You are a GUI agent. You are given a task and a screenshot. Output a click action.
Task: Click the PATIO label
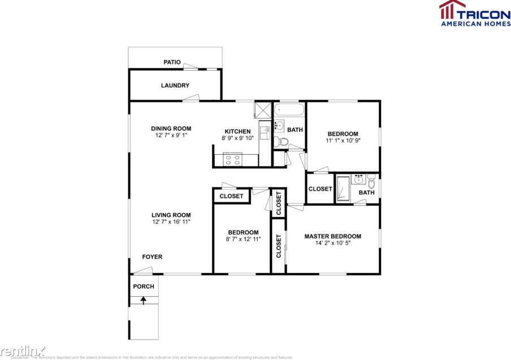172,62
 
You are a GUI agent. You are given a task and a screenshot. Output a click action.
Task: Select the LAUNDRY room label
175,86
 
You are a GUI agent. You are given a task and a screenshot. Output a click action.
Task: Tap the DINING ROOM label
171,128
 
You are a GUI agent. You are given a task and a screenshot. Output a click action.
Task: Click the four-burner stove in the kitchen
233,159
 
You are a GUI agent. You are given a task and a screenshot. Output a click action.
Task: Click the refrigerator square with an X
262,110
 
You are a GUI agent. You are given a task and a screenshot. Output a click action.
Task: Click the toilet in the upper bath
280,142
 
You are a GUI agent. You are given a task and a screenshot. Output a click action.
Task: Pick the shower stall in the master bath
343,189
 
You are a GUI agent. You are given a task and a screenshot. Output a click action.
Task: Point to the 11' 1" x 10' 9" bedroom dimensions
343,140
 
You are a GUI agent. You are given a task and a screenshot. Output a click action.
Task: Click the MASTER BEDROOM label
332,236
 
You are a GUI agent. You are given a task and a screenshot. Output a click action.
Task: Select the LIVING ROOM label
171,215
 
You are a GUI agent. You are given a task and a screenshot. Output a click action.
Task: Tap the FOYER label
152,257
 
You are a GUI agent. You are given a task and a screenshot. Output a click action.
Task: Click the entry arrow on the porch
144,300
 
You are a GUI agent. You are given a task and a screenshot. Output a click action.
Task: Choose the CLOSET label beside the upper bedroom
320,189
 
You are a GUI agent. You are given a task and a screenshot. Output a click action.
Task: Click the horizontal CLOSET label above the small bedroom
231,196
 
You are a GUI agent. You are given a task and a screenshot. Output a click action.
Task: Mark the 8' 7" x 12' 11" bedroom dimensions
243,239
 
